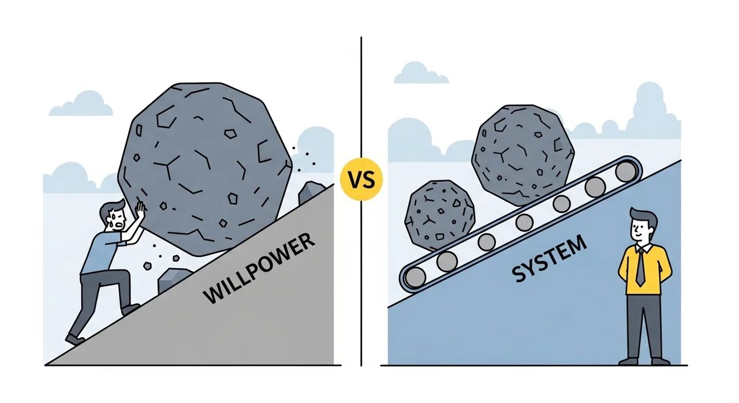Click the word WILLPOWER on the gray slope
click(x=260, y=268)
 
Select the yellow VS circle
click(x=362, y=180)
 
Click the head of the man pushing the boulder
click(x=113, y=214)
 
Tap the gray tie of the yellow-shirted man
click(x=640, y=267)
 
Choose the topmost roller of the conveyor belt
click(x=625, y=172)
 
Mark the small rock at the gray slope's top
click(x=312, y=192)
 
